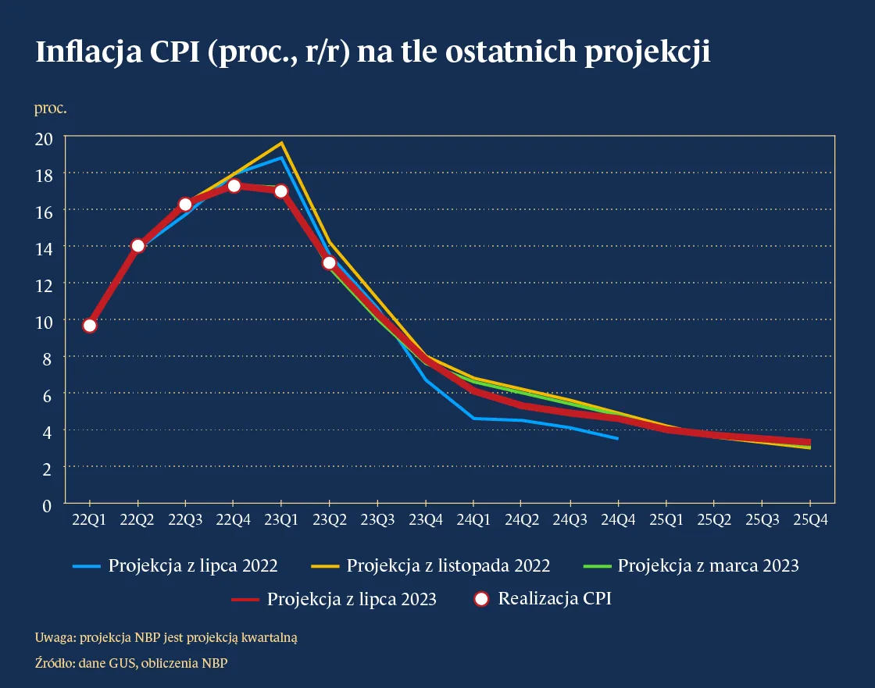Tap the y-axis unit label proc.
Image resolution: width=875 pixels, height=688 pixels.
point(50,108)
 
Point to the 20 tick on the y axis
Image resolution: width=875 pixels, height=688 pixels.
point(44,138)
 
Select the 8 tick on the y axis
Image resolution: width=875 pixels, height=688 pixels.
point(48,358)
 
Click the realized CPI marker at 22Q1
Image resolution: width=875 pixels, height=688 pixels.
point(90,326)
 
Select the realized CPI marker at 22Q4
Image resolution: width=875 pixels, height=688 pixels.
point(234,186)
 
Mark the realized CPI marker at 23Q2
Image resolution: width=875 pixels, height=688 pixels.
point(330,262)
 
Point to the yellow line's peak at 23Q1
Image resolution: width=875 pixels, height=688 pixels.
point(281,143)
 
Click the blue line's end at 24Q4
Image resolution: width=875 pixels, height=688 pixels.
point(617,438)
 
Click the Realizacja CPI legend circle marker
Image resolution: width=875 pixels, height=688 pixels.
point(481,599)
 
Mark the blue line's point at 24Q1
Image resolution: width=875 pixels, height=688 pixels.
point(473,419)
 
